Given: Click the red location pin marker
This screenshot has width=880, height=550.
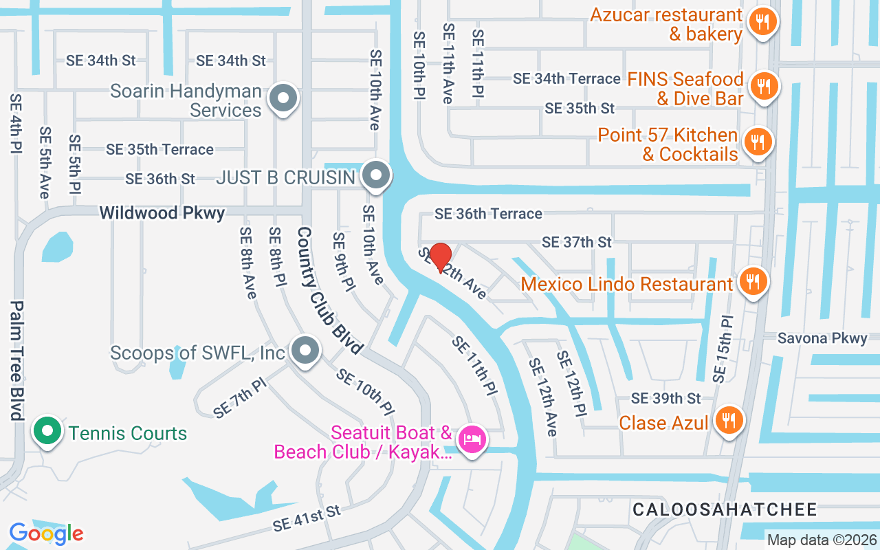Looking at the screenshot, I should pyautogui.click(x=440, y=257).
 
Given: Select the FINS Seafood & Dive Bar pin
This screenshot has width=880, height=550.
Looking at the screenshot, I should pyautogui.click(x=762, y=87).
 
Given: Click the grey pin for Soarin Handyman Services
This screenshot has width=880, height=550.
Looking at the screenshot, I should pyautogui.click(x=282, y=98).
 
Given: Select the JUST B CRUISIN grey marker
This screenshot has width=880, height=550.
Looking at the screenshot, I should pyautogui.click(x=375, y=175).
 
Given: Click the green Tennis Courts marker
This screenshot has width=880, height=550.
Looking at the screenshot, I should pyautogui.click(x=47, y=432).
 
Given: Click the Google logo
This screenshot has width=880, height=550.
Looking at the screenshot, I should pyautogui.click(x=46, y=533).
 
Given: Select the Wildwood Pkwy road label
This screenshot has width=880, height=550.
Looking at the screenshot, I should pyautogui.click(x=162, y=213).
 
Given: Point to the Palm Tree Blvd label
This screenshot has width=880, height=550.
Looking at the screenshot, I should pyautogui.click(x=16, y=360).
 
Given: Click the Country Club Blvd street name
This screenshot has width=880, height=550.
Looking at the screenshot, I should pyautogui.click(x=329, y=291).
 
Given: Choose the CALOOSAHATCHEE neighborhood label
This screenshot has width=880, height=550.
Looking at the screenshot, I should pyautogui.click(x=725, y=509).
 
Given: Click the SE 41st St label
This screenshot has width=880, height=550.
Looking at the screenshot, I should pyautogui.click(x=307, y=518).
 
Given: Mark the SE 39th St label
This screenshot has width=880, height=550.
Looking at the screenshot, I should pyautogui.click(x=665, y=398).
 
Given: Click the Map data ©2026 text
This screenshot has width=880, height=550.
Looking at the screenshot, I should pyautogui.click(x=822, y=540).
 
